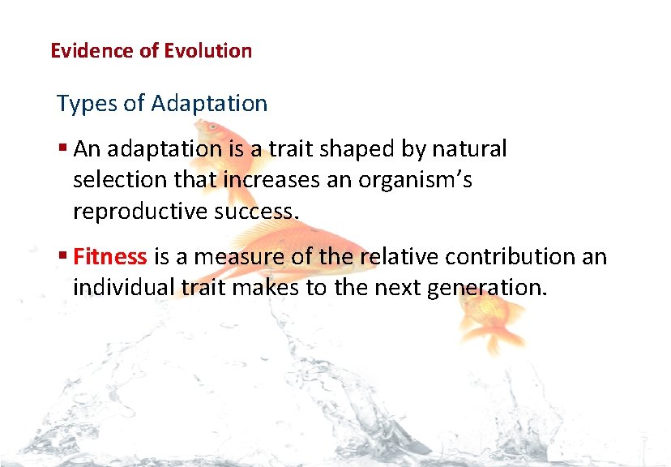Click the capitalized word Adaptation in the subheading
click(x=209, y=104)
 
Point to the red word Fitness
click(x=110, y=257)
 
